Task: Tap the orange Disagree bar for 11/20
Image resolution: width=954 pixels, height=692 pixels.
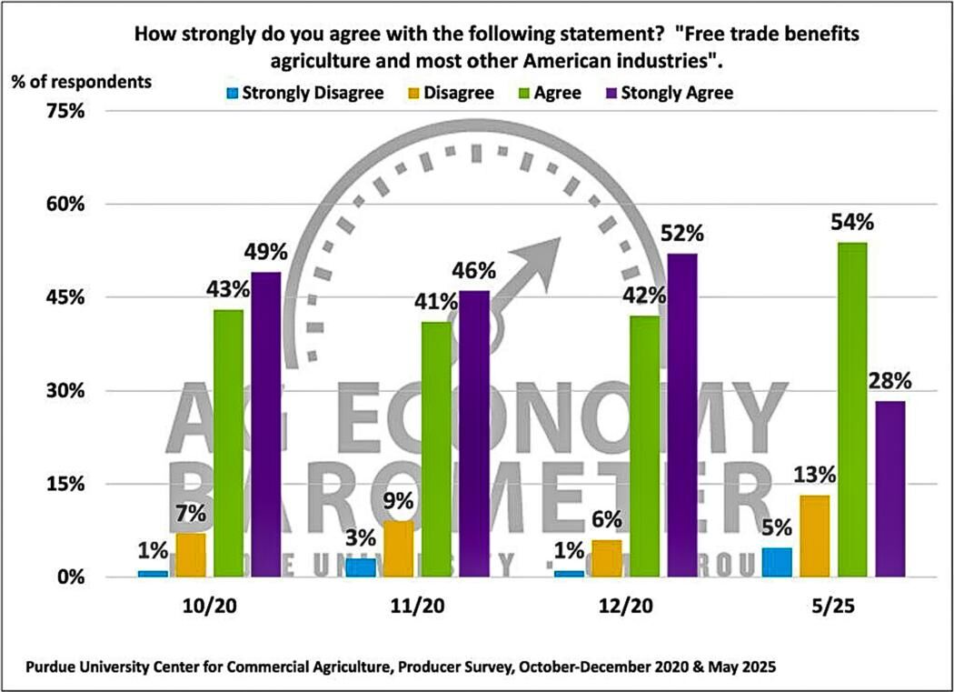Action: [x=399, y=548]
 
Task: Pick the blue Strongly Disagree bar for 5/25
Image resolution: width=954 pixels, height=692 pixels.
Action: [x=777, y=562]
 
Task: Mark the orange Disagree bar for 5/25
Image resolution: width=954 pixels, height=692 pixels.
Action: [x=814, y=536]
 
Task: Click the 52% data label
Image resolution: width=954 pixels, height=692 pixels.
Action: [x=683, y=234]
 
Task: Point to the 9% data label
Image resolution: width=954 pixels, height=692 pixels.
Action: [x=399, y=500]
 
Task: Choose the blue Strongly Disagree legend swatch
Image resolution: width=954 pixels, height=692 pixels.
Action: [x=234, y=93]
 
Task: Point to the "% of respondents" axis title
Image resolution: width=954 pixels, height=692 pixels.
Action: [x=82, y=80]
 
